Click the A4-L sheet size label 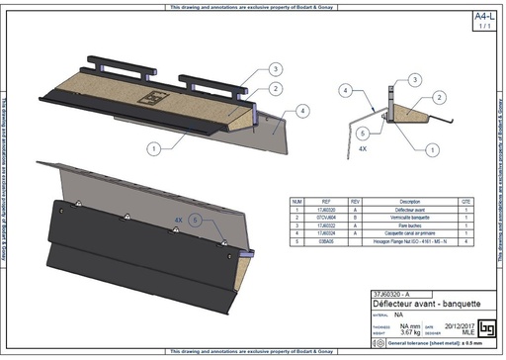(483, 17)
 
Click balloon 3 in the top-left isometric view (275, 68)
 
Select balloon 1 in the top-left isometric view (154, 147)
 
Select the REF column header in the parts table (325, 200)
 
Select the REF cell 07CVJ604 (325, 216)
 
